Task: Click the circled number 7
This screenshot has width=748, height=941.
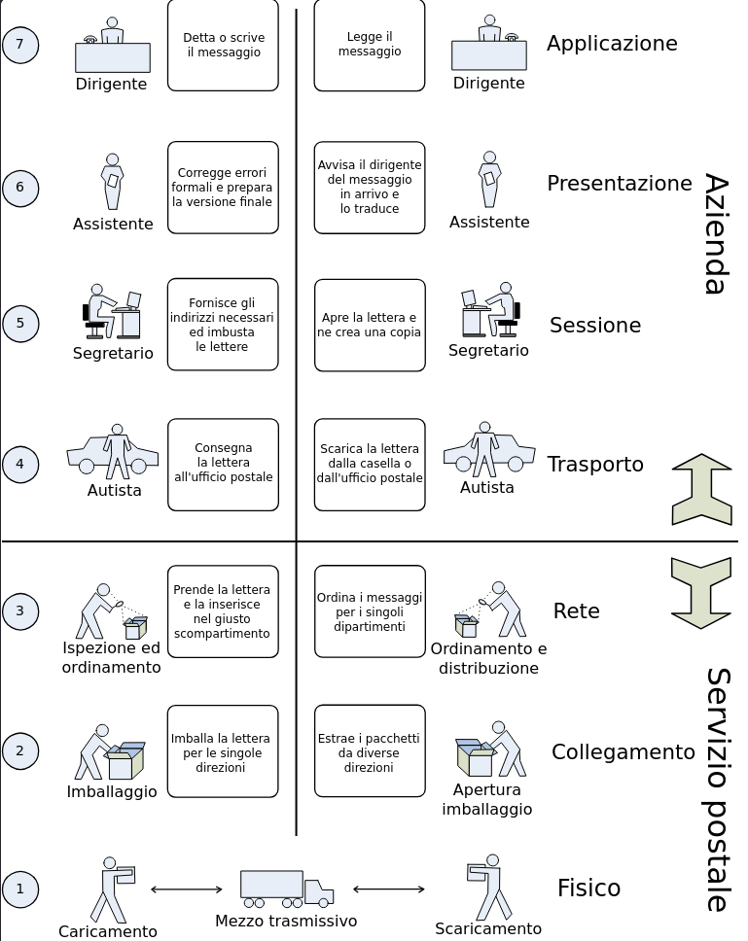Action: coord(20,45)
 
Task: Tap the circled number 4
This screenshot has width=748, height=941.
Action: coord(20,465)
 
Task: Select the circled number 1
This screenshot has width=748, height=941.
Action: coord(20,889)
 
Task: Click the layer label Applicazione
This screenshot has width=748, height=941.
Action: coord(612,44)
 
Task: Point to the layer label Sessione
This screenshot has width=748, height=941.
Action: coord(595,326)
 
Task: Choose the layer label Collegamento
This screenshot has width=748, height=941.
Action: coord(623,752)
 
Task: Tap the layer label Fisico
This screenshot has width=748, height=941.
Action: coord(588,889)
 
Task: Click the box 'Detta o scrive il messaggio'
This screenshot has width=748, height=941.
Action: coord(223,46)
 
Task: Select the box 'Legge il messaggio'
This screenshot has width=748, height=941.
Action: coord(370,46)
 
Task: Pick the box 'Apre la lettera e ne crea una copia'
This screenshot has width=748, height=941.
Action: coord(370,326)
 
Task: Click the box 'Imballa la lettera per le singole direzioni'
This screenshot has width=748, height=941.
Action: coord(223,751)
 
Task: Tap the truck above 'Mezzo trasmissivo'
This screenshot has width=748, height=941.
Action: coord(287,887)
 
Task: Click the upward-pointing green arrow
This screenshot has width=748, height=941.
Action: coord(701,489)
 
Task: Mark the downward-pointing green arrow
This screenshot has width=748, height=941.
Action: coord(701,592)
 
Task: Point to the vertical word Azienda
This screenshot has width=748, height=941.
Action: coord(716,233)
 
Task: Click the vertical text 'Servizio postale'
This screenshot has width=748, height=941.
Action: coord(717,789)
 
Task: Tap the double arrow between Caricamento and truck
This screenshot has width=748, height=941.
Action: coord(186,889)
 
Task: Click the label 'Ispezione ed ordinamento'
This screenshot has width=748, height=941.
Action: coord(111,658)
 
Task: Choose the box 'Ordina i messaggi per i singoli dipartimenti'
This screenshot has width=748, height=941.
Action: coord(370,611)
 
